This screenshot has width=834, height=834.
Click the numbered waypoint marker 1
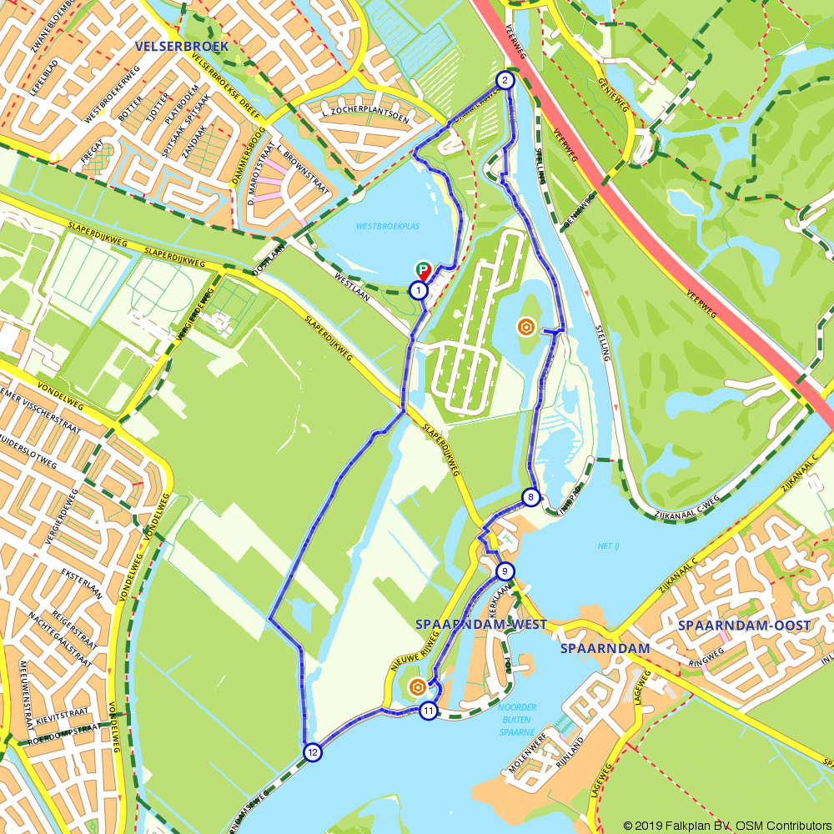419,290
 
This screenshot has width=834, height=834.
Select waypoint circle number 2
505,80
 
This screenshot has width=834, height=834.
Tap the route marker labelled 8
530,498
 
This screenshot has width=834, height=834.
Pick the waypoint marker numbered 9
504,571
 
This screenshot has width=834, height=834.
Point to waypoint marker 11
428,711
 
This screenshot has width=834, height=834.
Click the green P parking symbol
424,270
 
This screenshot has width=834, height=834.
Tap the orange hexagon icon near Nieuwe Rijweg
417,687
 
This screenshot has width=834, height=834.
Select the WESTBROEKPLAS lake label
388,226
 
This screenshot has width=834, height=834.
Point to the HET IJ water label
610,546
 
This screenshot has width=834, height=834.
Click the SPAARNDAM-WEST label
480,625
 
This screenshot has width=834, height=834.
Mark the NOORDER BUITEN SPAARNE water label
516,720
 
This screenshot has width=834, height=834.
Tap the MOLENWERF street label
527,772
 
